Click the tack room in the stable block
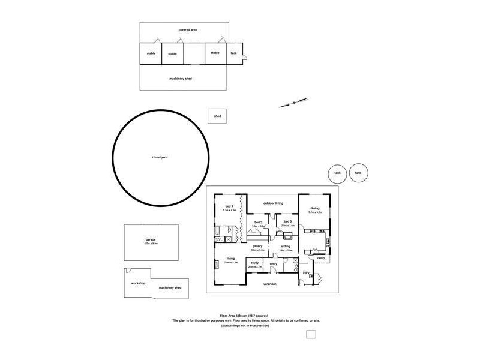click(x=233, y=53)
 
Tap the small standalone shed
click(x=217, y=116)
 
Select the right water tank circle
click(x=358, y=173)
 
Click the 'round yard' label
click(x=160, y=157)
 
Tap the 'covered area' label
click(x=188, y=29)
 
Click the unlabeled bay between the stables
click(x=194, y=53)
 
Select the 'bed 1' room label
click(x=228, y=206)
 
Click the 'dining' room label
click(x=315, y=208)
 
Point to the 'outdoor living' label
click(x=272, y=203)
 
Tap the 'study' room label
click(x=254, y=263)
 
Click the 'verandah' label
click(x=270, y=284)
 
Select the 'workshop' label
click(x=138, y=283)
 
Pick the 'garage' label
click(x=151, y=239)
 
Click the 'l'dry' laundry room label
click(x=306, y=273)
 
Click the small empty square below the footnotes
click(x=311, y=334)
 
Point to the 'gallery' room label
click(x=257, y=245)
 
